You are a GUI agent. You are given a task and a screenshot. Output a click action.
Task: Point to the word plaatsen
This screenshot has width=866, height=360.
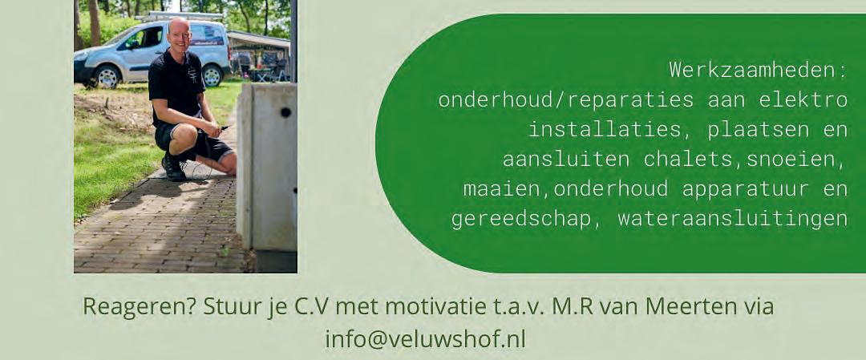(x=752, y=130)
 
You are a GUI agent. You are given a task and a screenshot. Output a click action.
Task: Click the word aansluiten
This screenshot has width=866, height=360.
(x=565, y=159)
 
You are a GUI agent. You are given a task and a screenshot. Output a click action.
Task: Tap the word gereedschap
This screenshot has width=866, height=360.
(x=522, y=219)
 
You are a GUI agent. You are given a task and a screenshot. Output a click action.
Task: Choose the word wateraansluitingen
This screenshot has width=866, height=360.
(x=732, y=219)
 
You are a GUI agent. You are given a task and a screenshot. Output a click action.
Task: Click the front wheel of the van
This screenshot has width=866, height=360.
(x=107, y=77)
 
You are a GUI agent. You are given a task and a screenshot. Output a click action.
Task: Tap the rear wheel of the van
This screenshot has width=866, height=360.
(x=212, y=75)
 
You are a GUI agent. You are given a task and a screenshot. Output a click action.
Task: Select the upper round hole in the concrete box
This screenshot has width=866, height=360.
(x=285, y=112)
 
